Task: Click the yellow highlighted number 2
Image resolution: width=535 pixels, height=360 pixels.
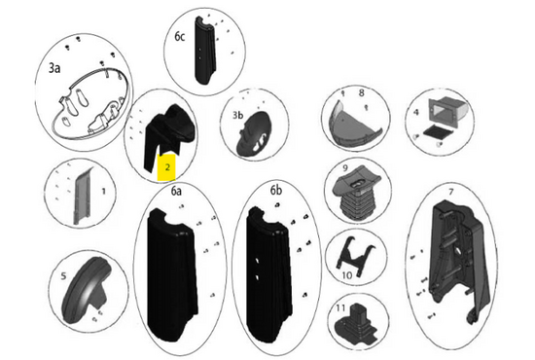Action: [x=167, y=167]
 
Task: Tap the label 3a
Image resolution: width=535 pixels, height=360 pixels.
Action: [x=54, y=68]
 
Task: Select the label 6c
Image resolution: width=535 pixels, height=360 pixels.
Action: [x=180, y=37]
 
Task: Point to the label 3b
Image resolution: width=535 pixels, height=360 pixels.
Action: [x=237, y=116]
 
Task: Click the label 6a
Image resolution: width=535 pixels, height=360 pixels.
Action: [x=176, y=192]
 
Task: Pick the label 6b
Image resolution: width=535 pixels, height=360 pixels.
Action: [x=276, y=191]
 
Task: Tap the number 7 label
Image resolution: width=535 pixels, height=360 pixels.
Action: [x=451, y=192]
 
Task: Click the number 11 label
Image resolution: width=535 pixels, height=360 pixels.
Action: [x=340, y=308]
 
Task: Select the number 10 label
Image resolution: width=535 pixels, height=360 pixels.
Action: [x=346, y=275]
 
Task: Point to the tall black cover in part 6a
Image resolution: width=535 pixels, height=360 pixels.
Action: [x=172, y=274]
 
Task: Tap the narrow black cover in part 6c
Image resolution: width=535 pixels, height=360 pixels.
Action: [x=204, y=51]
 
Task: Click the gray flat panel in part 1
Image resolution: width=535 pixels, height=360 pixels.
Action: [x=83, y=196]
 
